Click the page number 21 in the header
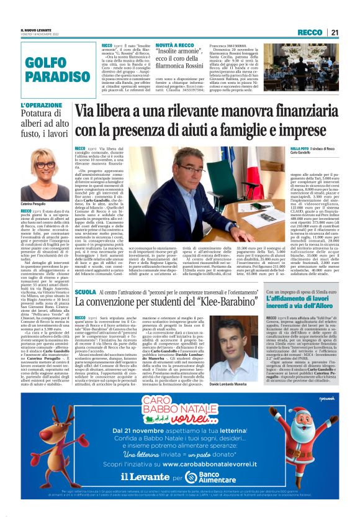(x=335, y=32)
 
